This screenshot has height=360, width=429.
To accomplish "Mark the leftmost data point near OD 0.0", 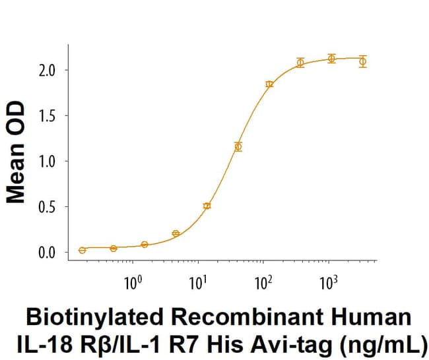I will pyautogui.click(x=82, y=251).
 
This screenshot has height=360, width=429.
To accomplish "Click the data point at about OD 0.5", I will pyautogui.click(x=207, y=206).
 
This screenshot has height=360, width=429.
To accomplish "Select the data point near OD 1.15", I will pyautogui.click(x=238, y=146).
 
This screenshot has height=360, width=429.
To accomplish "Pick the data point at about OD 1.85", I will pyautogui.click(x=269, y=84).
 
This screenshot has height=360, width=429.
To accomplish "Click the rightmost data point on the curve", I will pyautogui.click(x=362, y=61).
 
